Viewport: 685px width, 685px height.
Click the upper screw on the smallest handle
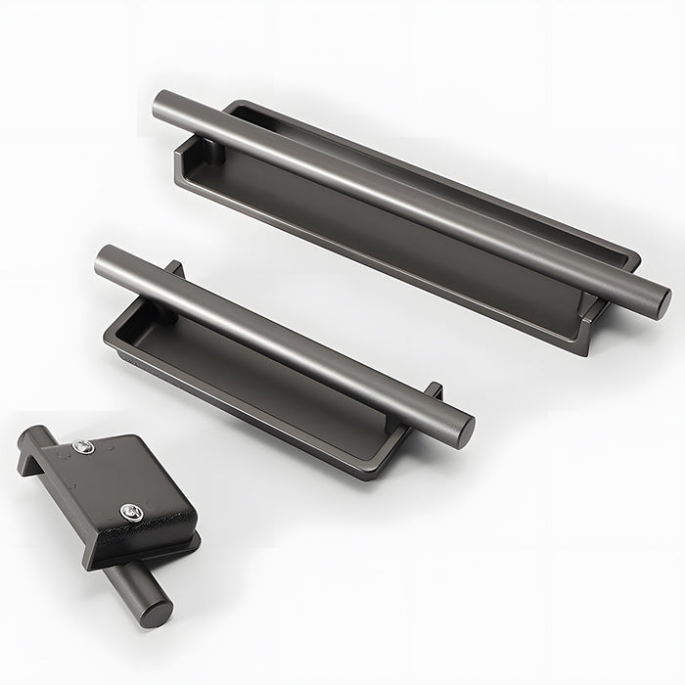tap(83, 448)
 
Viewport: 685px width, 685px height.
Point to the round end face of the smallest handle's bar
tap(157, 611)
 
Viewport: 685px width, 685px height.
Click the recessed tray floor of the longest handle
tap(391, 245)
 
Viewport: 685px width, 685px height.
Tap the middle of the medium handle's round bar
tap(284, 338)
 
